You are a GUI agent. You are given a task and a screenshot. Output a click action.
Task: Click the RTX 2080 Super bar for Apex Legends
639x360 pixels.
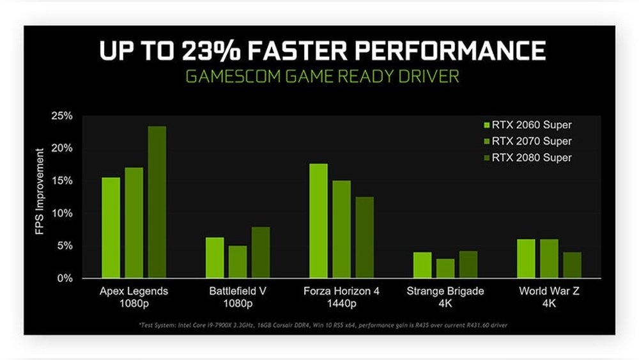157,202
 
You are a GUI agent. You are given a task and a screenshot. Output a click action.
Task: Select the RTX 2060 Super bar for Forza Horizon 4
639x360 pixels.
318,221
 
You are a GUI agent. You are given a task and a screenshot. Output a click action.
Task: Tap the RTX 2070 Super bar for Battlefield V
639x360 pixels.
237,262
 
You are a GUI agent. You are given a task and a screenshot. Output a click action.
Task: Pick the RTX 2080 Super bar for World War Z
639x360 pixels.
573,265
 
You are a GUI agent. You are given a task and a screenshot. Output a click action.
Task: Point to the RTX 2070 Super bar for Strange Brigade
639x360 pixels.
445,269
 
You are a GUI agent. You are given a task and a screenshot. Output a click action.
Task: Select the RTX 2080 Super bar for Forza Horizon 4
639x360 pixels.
364,237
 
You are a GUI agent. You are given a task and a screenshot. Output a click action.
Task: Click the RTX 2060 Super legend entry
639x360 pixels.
528,125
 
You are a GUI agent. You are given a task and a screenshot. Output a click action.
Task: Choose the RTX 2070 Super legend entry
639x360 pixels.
528,141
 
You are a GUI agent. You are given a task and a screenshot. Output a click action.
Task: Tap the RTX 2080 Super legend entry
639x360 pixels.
528,157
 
